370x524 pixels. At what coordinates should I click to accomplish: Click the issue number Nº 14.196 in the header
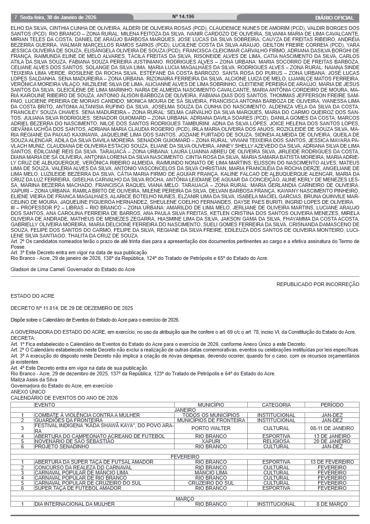(x=183, y=17)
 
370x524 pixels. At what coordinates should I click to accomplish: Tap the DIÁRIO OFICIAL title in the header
(x=334, y=17)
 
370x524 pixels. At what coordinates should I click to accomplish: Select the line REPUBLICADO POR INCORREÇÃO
(x=318, y=284)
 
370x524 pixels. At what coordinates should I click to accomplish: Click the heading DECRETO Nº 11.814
(x=72, y=308)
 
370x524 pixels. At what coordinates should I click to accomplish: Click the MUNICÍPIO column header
(x=210, y=404)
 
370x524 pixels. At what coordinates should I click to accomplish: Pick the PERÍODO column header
(x=332, y=404)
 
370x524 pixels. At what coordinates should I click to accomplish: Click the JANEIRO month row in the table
(x=185, y=409)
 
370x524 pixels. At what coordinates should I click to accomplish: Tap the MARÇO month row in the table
(x=185, y=499)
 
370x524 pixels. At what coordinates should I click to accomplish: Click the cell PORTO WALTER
(x=210, y=428)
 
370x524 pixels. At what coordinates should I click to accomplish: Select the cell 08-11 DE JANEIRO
(x=332, y=428)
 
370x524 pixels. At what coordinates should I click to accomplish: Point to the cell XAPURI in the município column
(x=210, y=441)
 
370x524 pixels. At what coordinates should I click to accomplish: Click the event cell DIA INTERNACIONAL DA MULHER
(x=74, y=504)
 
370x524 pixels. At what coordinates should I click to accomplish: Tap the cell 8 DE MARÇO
(x=332, y=504)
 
